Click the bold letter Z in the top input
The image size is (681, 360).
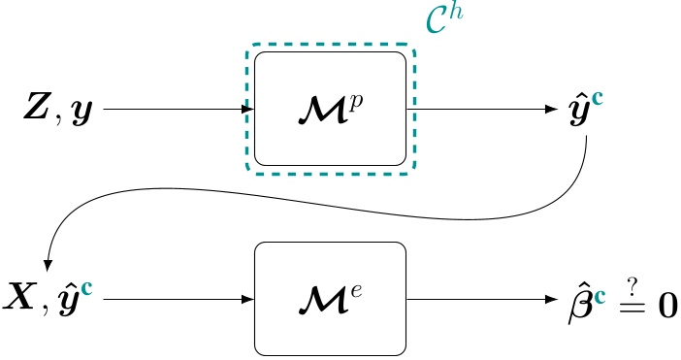pos(37,110)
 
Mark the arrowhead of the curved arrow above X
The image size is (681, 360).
pos(48,263)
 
